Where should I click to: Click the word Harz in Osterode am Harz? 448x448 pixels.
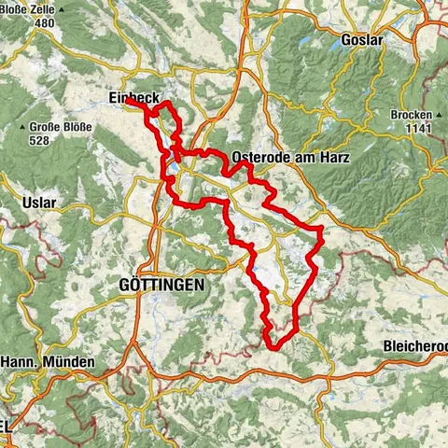pos(333,158)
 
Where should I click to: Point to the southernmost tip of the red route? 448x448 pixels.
pos(273,347)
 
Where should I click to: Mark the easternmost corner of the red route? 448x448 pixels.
pos(322,227)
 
